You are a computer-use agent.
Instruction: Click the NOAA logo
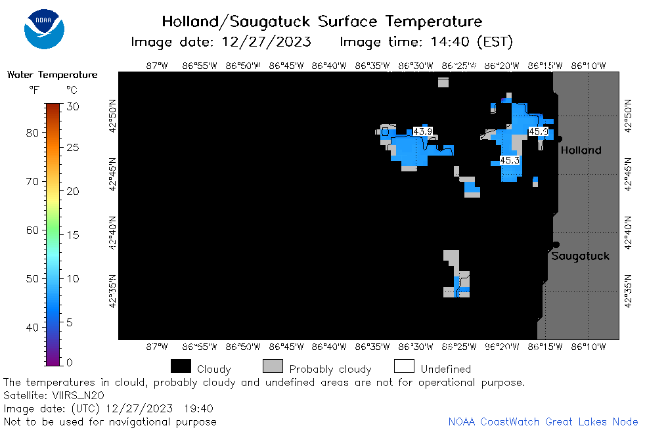(x=44, y=29)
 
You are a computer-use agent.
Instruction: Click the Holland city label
(x=581, y=150)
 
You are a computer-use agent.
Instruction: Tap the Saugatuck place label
(x=580, y=256)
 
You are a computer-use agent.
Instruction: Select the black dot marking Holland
(x=559, y=139)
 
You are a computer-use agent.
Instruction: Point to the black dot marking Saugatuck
(x=556, y=245)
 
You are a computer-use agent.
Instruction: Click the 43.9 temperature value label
(x=423, y=131)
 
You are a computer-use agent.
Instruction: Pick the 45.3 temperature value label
(x=510, y=160)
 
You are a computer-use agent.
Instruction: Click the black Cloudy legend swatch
(x=181, y=366)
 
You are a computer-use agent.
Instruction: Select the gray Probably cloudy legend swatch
(x=273, y=366)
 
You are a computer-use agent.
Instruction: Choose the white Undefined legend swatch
(x=404, y=366)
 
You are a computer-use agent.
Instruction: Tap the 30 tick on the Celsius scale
(x=73, y=107)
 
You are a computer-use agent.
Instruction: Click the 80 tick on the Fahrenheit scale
(x=32, y=133)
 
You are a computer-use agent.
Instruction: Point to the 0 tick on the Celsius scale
(x=70, y=362)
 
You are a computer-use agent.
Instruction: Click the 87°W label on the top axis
(x=157, y=66)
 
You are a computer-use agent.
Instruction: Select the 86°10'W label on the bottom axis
(x=589, y=347)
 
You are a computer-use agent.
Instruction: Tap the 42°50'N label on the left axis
(x=112, y=116)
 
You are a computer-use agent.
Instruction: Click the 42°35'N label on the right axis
(x=628, y=291)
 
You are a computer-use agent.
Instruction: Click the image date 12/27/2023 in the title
(x=266, y=42)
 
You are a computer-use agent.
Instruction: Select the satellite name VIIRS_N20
(x=78, y=395)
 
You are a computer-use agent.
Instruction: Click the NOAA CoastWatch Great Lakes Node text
(x=543, y=421)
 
